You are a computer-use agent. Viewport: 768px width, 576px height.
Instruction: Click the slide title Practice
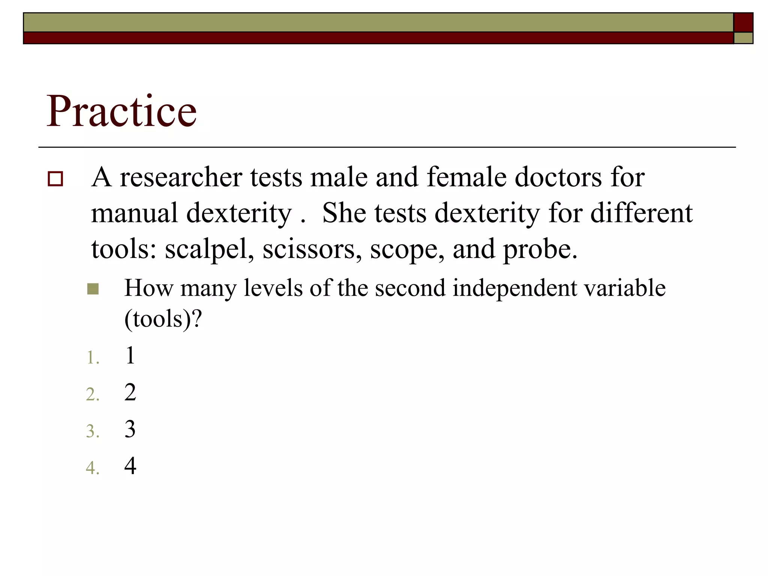click(121, 111)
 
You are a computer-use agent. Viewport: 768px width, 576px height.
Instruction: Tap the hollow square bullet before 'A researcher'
click(55, 178)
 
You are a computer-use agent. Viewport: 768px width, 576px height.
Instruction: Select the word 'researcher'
click(181, 177)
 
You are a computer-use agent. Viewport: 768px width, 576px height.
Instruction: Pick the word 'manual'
click(134, 213)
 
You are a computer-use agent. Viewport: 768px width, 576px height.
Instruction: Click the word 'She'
click(344, 213)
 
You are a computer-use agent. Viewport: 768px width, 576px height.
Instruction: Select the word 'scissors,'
click(312, 250)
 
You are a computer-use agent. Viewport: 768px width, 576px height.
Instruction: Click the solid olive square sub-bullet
click(93, 289)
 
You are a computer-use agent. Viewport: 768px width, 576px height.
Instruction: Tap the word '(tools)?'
click(163, 319)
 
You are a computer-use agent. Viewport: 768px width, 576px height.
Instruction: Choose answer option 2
click(130, 392)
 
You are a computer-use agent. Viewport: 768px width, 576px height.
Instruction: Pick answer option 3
click(130, 429)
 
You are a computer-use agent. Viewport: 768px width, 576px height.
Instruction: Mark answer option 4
click(130, 466)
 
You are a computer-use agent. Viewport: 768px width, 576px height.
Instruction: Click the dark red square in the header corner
click(743, 22)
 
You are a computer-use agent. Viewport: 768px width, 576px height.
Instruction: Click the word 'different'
click(641, 213)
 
